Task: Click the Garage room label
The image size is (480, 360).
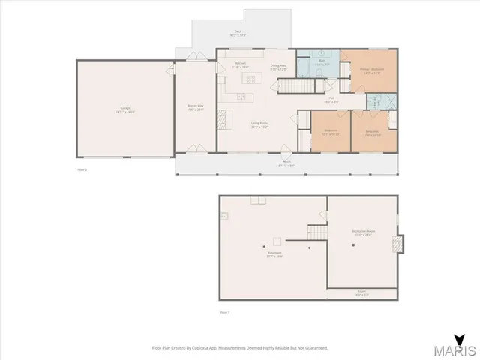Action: pos(126,109)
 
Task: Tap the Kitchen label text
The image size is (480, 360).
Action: pos(241,64)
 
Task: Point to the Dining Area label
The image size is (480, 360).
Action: pos(279,67)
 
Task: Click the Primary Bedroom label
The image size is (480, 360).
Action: pos(372,70)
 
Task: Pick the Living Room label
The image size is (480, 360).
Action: pos(259,126)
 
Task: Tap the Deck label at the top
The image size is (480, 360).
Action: pos(237,33)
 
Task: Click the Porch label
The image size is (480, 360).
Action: pos(286,164)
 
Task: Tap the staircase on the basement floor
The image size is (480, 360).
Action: pos(318,233)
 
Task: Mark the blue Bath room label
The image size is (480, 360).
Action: pos(321,62)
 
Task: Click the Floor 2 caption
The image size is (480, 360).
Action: pos(82,169)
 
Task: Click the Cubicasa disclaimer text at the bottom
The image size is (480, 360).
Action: pos(239,347)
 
